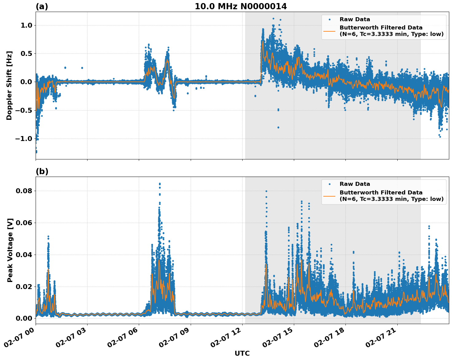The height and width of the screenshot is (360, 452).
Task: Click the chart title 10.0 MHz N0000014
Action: coord(241,6)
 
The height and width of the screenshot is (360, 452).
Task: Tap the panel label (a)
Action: coord(42,6)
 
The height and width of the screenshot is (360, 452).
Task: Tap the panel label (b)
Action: coord(42,171)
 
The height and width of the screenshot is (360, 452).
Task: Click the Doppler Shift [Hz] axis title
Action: coord(9,85)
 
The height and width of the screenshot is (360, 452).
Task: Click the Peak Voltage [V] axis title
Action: coord(10,250)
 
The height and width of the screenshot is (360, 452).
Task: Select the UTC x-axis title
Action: coord(242,353)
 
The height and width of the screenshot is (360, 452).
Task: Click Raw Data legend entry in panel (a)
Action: coord(355,19)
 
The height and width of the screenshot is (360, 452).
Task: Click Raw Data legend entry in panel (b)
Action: coord(355,184)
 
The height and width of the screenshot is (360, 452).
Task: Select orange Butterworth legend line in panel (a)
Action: coord(329,31)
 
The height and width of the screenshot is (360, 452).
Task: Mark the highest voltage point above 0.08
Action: coord(160,184)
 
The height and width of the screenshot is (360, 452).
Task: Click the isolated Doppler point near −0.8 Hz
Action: coord(278,127)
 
